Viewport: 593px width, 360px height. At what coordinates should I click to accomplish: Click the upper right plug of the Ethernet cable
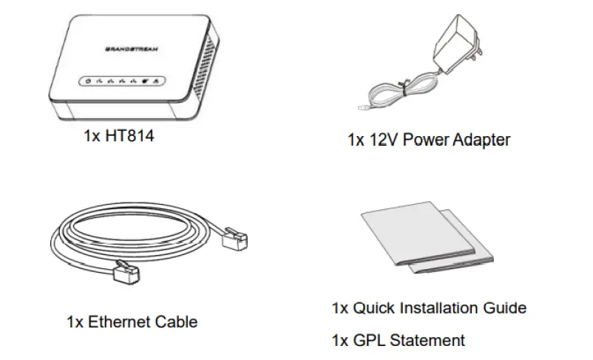point(234,240)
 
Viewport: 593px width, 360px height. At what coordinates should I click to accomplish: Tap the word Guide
point(506,308)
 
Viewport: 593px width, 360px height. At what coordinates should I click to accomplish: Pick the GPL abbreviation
point(367,340)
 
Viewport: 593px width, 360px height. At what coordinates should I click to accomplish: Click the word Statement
point(428,340)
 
